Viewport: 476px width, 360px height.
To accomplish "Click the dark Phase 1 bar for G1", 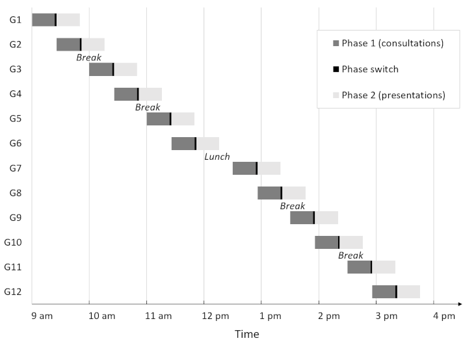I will pos(43,19).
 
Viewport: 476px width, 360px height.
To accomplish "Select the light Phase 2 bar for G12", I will pos(408,292).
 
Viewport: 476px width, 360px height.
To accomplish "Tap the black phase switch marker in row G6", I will pos(196,144).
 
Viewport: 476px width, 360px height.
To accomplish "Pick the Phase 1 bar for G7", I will pos(244,168).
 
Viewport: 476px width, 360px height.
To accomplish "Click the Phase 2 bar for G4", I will pos(150,94).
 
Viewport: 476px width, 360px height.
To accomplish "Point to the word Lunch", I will pos(217,157).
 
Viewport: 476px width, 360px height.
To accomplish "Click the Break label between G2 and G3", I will pos(88,57).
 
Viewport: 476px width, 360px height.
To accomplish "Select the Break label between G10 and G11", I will pos(350,255).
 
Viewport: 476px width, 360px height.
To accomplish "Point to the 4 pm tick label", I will pos(444,316).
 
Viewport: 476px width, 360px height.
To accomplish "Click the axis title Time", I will pos(246,335).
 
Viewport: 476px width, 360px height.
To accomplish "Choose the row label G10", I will pos(13,242).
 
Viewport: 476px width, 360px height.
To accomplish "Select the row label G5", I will pos(16,119).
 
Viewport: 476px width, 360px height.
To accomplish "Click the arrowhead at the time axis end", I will pos(459,303).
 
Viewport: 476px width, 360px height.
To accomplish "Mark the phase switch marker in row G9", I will pos(314,218).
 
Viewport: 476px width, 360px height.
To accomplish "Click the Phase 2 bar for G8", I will pos(294,193).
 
